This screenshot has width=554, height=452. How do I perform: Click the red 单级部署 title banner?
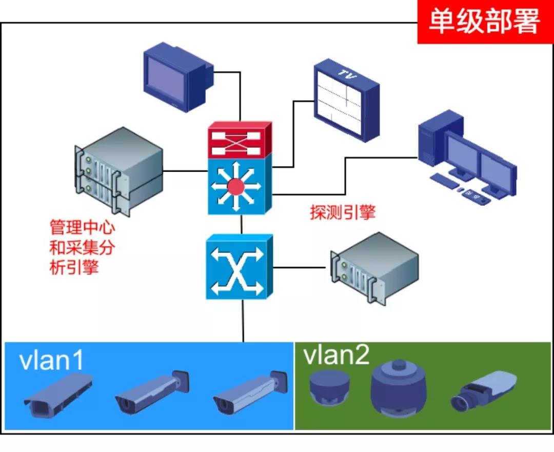tap(485, 22)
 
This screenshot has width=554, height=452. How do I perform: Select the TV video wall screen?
tap(346, 100)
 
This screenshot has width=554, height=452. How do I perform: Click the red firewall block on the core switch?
tap(239, 140)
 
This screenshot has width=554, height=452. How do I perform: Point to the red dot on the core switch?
tap(236, 186)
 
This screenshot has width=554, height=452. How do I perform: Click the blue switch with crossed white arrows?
tap(239, 267)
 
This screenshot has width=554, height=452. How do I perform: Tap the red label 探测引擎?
tap(342, 212)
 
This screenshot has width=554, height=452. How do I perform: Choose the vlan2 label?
tap(336, 355)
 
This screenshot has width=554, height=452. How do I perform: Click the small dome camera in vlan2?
tap(329, 386)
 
